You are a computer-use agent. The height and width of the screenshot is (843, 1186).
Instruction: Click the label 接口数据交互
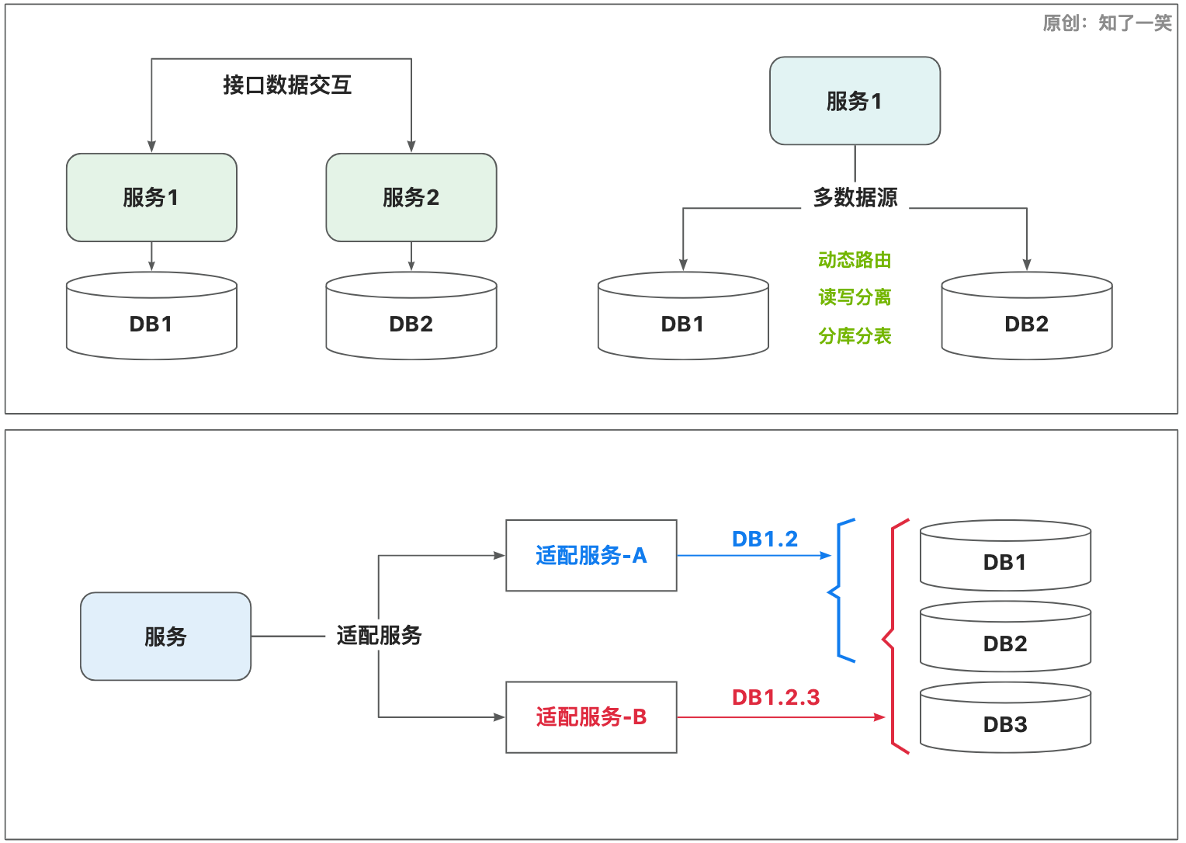click(287, 85)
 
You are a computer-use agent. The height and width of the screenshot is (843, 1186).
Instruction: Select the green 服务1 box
click(151, 197)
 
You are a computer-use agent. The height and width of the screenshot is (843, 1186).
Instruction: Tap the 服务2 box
click(411, 197)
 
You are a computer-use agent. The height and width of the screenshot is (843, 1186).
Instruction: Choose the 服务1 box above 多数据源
click(855, 101)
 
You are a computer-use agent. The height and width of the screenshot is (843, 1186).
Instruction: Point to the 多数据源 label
click(855, 198)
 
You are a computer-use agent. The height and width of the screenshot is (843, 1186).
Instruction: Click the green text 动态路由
click(855, 260)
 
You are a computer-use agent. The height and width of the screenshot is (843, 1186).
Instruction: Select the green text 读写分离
click(855, 297)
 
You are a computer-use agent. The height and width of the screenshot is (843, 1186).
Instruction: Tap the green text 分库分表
click(855, 336)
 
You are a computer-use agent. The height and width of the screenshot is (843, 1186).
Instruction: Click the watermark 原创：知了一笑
click(1107, 23)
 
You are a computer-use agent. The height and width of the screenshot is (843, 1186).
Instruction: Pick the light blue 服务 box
click(165, 637)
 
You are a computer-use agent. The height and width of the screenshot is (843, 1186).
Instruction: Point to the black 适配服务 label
click(379, 636)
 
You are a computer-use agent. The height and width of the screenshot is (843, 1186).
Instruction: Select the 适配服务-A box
click(591, 556)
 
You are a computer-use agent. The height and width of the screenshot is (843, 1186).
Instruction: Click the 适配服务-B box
click(591, 717)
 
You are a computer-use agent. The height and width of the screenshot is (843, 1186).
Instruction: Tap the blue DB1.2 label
click(765, 539)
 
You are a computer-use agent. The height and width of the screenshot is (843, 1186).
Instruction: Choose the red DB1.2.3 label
click(775, 697)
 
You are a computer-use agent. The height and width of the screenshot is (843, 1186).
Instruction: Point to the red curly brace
click(893, 637)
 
